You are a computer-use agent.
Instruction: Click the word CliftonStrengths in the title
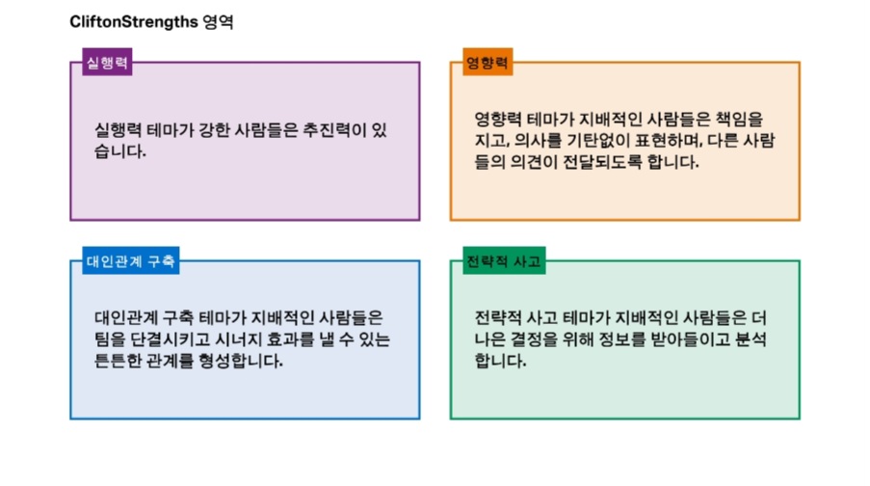[134, 22]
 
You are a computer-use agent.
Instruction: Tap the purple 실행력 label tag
[107, 64]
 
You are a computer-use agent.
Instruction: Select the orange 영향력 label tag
[487, 64]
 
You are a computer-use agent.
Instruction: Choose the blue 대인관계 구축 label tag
[131, 261]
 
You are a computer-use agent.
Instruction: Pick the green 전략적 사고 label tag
[504, 261]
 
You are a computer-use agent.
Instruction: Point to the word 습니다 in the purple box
[117, 152]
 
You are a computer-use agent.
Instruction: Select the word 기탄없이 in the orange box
[580, 141]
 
